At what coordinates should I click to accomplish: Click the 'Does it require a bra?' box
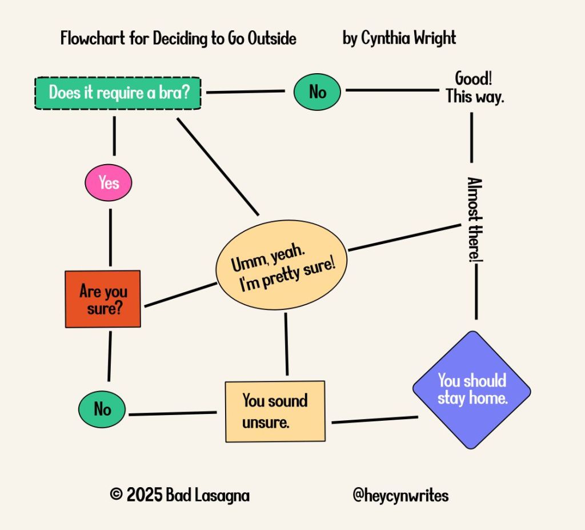pos(118,93)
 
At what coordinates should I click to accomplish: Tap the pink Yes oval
pos(109,183)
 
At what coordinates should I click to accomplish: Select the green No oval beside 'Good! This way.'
pos(317,91)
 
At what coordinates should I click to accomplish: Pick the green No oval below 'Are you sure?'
pos(103,409)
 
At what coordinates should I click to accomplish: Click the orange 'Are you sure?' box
pos(103,299)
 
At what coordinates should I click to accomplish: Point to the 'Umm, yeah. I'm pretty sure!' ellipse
pos(282,265)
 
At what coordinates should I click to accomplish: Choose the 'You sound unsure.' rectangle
pos(275,411)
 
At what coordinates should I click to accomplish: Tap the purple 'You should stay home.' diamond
pos(472,389)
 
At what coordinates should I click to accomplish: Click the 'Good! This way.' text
pos(474,87)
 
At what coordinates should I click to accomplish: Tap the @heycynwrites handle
pos(400,495)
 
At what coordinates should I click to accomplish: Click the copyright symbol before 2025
pos(116,495)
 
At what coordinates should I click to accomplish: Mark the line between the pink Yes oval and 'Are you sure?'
pos(110,238)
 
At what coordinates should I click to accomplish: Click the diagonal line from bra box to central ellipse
pos(218,166)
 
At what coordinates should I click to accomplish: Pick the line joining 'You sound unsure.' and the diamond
pos(374,420)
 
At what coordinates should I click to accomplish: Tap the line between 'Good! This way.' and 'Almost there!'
pos(472,137)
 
